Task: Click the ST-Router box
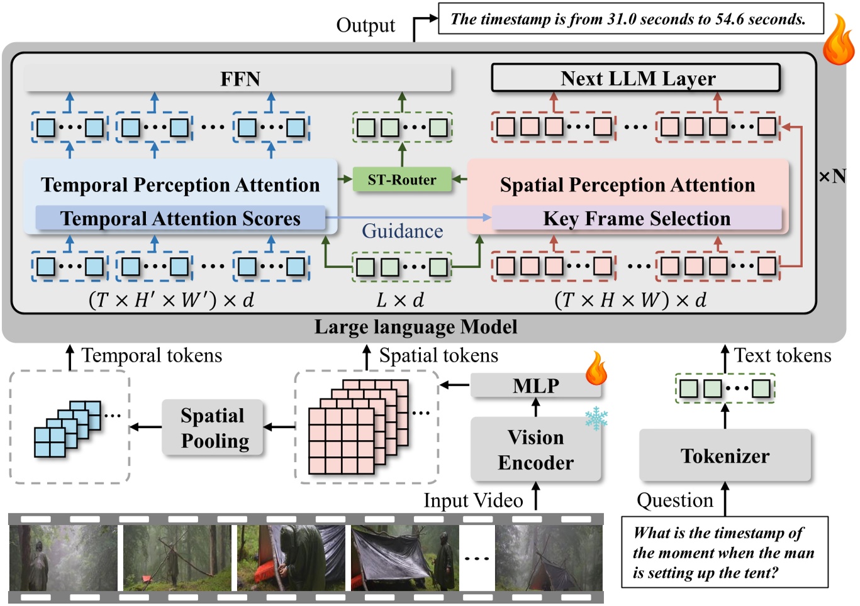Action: pyautogui.click(x=402, y=180)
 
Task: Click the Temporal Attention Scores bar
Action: pyautogui.click(x=180, y=218)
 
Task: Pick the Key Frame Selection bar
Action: pyautogui.click(x=636, y=218)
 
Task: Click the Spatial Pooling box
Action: pyautogui.click(x=213, y=427)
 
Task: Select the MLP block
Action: pyautogui.click(x=535, y=385)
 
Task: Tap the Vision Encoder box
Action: pyautogui.click(x=535, y=449)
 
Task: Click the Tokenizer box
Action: pyautogui.click(x=725, y=456)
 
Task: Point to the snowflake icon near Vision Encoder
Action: pyautogui.click(x=595, y=418)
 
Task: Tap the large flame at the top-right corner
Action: pyautogui.click(x=839, y=41)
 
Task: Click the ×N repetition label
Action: pyautogui.click(x=832, y=177)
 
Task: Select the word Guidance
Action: pyautogui.click(x=402, y=231)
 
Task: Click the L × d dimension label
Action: pyautogui.click(x=400, y=300)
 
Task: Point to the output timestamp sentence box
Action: pyautogui.click(x=630, y=19)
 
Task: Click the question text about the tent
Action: pyautogui.click(x=723, y=553)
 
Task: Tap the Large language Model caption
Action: pyautogui.click(x=416, y=327)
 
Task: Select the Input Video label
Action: pyautogui.click(x=473, y=500)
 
